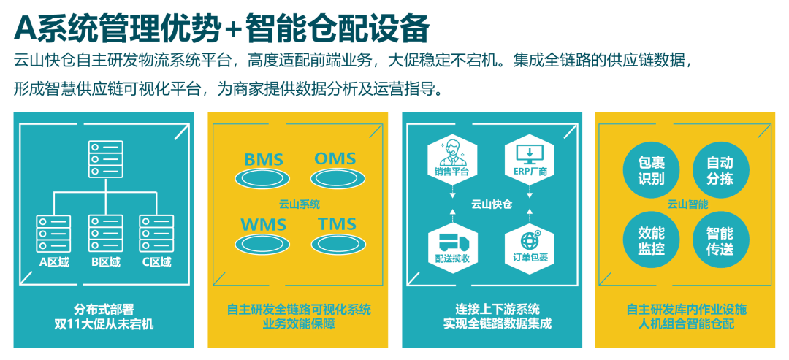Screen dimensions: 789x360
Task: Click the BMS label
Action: click(264, 160)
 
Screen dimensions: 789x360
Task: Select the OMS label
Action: click(335, 158)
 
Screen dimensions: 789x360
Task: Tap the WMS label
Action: click(264, 225)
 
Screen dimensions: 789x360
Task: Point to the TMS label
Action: click(337, 224)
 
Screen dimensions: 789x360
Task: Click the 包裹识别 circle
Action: click(651, 170)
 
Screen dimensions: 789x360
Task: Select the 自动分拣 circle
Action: click(720, 170)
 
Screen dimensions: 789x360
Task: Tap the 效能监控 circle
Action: click(651, 240)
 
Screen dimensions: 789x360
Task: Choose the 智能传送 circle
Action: click(720, 240)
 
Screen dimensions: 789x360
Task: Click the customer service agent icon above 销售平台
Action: click(452, 153)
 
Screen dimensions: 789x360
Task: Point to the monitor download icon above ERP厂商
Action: click(530, 154)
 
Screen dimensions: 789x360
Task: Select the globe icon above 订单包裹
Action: click(530, 241)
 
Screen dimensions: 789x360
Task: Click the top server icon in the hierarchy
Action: click(106, 159)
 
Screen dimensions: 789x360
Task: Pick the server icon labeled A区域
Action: click(54, 233)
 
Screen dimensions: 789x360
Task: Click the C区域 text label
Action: click(156, 262)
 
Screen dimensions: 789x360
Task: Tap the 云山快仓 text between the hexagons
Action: click(491, 204)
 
